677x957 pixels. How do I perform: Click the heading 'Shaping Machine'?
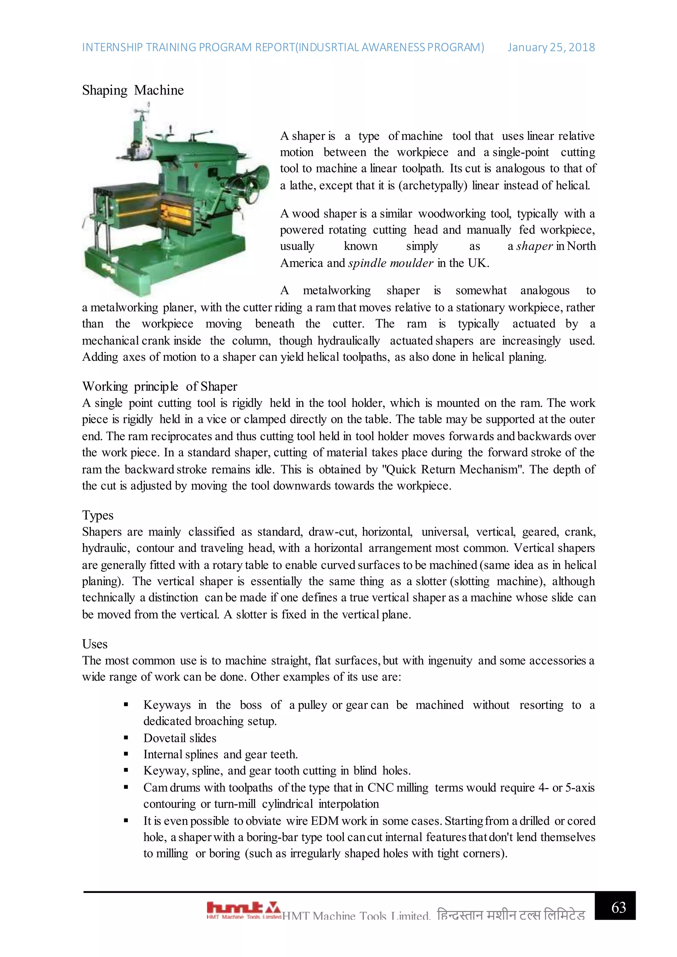pyautogui.click(x=133, y=91)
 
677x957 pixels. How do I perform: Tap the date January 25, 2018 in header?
pyautogui.click(x=551, y=48)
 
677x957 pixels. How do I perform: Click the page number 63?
pyautogui.click(x=618, y=907)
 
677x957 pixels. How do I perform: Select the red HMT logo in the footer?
pyautogui.click(x=243, y=909)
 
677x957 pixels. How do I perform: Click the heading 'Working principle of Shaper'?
pyautogui.click(x=159, y=386)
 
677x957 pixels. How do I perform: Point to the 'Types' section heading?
pyautogui.click(x=98, y=515)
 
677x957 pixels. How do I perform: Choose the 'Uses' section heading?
pyautogui.click(x=95, y=644)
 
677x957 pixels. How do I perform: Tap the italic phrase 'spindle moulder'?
pyautogui.click(x=391, y=263)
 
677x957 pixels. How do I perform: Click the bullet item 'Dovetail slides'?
pyautogui.click(x=180, y=738)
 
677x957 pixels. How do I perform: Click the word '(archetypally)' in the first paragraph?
pyautogui.click(x=433, y=185)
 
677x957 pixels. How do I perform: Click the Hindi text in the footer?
pyautogui.click(x=511, y=915)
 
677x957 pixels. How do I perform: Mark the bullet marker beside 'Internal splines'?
pyautogui.click(x=126, y=754)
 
